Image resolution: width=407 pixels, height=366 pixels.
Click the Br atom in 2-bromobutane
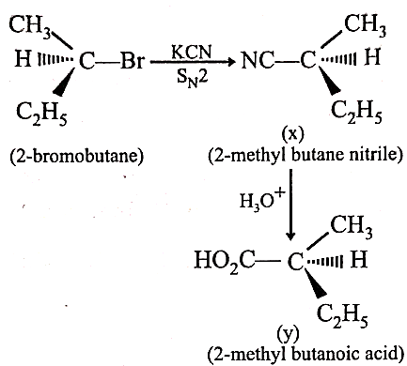click(133, 61)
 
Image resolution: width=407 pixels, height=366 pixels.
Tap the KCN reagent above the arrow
click(192, 52)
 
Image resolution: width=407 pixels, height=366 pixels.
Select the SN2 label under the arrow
click(192, 78)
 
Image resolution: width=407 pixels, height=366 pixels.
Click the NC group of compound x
click(258, 60)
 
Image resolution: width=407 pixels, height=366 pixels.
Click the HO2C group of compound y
click(225, 261)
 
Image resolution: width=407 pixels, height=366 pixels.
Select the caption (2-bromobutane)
click(77, 155)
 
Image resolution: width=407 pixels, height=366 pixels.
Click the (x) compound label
click(293, 134)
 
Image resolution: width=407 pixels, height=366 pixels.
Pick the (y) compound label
click(288, 334)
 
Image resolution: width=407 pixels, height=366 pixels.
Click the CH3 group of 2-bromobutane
click(30, 26)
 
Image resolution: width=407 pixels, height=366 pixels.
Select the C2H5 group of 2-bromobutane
click(41, 114)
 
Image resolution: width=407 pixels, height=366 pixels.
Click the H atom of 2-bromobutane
click(23, 59)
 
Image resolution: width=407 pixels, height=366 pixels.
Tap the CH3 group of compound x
click(366, 25)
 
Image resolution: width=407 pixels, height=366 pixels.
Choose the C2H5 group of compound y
click(342, 316)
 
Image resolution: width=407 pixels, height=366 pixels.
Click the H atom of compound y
click(358, 259)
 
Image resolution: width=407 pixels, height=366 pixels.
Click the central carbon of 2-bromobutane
click(86, 61)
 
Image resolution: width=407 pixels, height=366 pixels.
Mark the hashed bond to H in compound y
click(323, 261)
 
